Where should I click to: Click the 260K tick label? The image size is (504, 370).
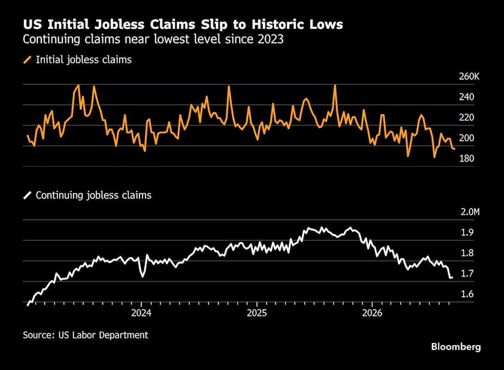point(469,77)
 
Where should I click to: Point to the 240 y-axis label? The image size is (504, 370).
point(466,97)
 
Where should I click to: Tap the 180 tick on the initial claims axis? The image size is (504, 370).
point(466,158)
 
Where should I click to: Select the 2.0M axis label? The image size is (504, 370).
point(470,212)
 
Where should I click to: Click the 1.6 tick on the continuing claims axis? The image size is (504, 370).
point(467,294)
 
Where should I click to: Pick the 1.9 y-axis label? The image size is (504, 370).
point(467,232)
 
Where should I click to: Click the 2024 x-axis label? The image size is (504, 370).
point(141,313)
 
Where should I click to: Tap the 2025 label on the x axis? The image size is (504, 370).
point(257,313)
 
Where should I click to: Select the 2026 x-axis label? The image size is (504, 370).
point(372,313)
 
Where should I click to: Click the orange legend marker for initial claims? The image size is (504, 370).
point(27,60)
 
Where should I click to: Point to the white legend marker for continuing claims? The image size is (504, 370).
point(27,195)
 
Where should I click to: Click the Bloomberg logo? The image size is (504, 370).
point(456,347)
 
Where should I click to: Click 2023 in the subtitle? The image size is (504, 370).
point(270,39)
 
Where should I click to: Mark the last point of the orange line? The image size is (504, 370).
point(454,149)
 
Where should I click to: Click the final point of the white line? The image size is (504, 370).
point(452,277)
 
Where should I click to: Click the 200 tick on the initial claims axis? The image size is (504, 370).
point(466,138)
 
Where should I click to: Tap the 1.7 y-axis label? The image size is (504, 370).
point(467,273)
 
